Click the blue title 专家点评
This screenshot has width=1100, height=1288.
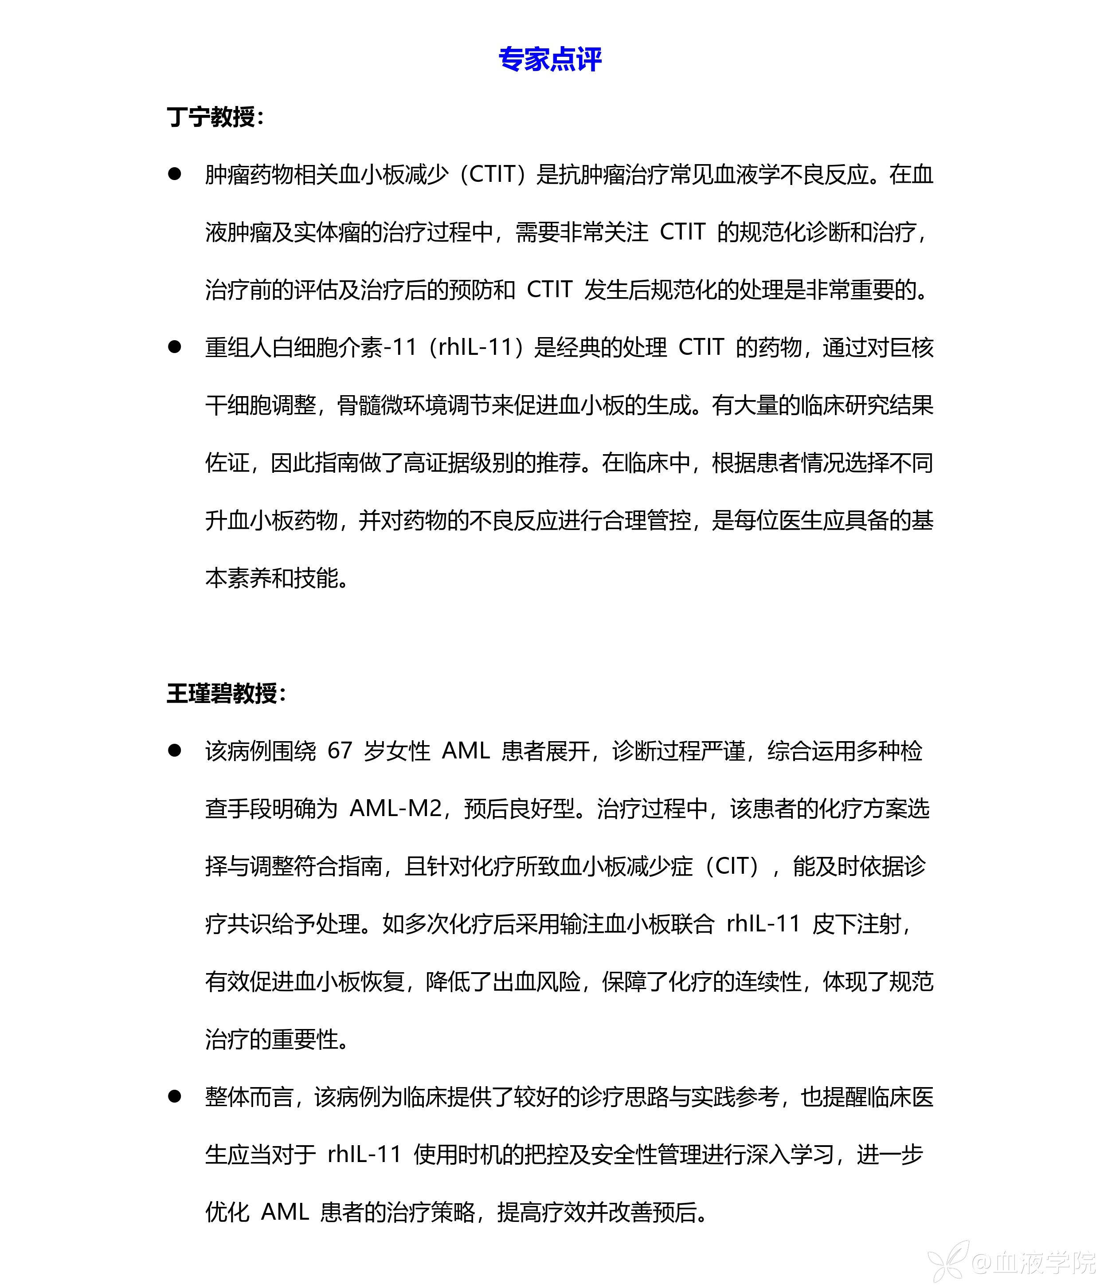tap(549, 60)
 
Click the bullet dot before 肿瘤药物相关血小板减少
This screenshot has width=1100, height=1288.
tap(175, 174)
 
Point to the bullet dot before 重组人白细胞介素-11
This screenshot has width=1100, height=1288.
tap(175, 347)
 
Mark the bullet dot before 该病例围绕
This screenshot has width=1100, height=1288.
tap(175, 750)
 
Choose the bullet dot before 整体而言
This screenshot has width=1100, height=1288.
tap(175, 1096)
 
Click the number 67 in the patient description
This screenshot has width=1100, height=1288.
tap(340, 751)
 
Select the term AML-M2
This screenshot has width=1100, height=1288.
tap(396, 808)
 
